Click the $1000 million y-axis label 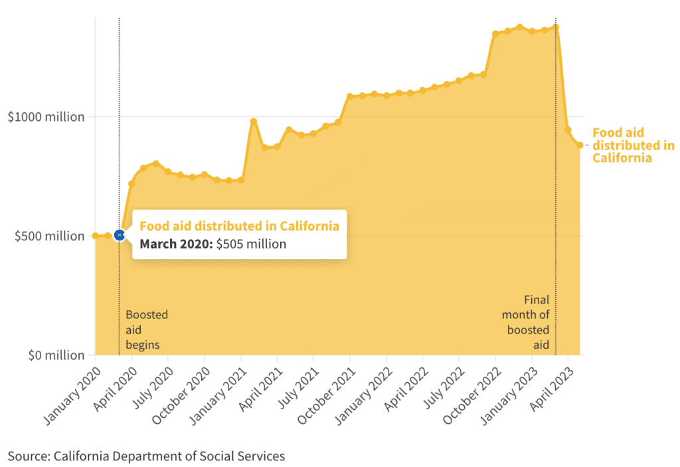tap(46, 117)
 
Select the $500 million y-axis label tap(50, 236)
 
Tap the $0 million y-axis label tap(56, 355)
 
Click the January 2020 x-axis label tap(70, 391)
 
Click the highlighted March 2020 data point tap(120, 234)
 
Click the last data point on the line tap(580, 145)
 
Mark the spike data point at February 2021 tap(254, 122)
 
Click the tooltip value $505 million tap(251, 244)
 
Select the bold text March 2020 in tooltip tap(175, 244)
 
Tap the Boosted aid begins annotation tap(146, 329)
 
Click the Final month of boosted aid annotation tap(528, 322)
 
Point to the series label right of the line tap(632, 145)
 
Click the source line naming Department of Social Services tap(146, 456)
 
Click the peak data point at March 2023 tap(556, 27)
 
